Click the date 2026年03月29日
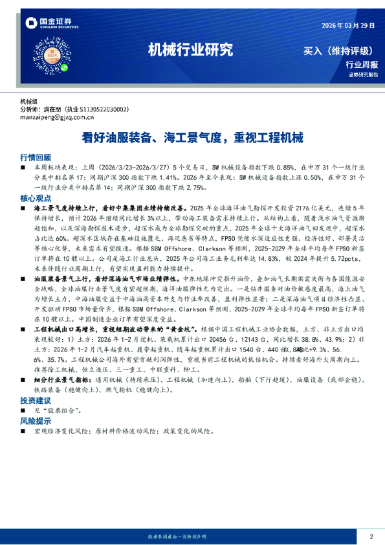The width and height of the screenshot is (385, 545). coord(348,25)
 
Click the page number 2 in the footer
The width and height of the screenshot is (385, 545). coord(371,537)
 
